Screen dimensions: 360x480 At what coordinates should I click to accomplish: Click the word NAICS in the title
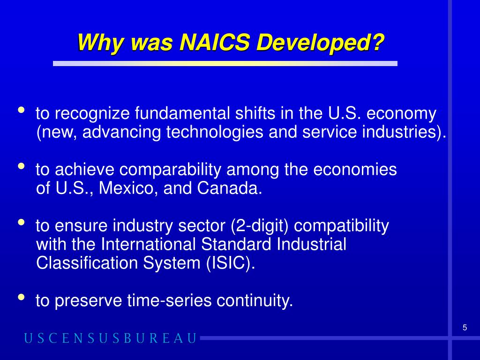(x=214, y=43)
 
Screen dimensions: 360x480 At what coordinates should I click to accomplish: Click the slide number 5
(x=465, y=328)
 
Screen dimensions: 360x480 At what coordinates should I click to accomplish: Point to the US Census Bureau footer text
(x=110, y=338)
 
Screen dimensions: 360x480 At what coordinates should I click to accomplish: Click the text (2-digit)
(x=260, y=226)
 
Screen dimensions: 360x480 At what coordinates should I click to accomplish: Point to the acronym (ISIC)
(x=230, y=263)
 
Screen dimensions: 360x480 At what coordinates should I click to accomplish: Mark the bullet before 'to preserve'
(x=22, y=297)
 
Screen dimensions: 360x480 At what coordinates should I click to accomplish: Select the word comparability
(x=173, y=170)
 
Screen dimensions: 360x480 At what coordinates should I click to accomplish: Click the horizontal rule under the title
(x=225, y=63)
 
